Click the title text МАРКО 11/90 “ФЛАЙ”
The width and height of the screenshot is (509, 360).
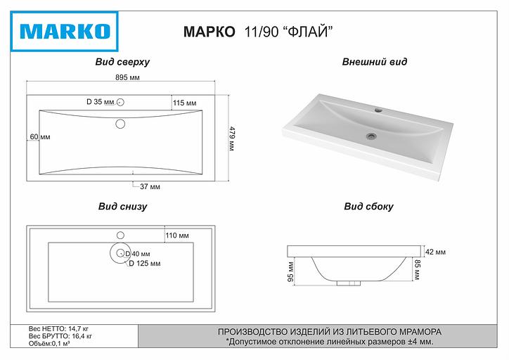(x=257, y=32)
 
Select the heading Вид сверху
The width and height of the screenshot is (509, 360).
(x=122, y=62)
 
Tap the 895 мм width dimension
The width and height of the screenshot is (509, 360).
(x=128, y=78)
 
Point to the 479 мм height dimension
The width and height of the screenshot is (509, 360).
(x=232, y=138)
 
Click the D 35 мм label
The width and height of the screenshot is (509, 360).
(x=101, y=103)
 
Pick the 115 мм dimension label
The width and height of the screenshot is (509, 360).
(x=183, y=103)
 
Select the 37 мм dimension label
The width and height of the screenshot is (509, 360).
(x=150, y=186)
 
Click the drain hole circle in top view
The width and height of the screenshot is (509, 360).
(x=120, y=124)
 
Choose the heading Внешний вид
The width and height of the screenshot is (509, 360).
(x=374, y=62)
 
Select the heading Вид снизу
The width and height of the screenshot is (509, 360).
(x=122, y=207)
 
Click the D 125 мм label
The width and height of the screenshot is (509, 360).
(x=145, y=263)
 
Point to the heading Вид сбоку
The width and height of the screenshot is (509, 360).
(x=368, y=207)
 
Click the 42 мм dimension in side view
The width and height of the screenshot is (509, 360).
(x=437, y=252)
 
